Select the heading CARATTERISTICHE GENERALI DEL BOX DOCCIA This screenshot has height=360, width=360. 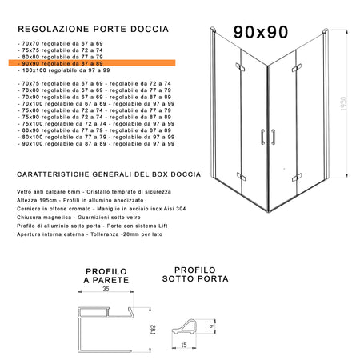104,174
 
